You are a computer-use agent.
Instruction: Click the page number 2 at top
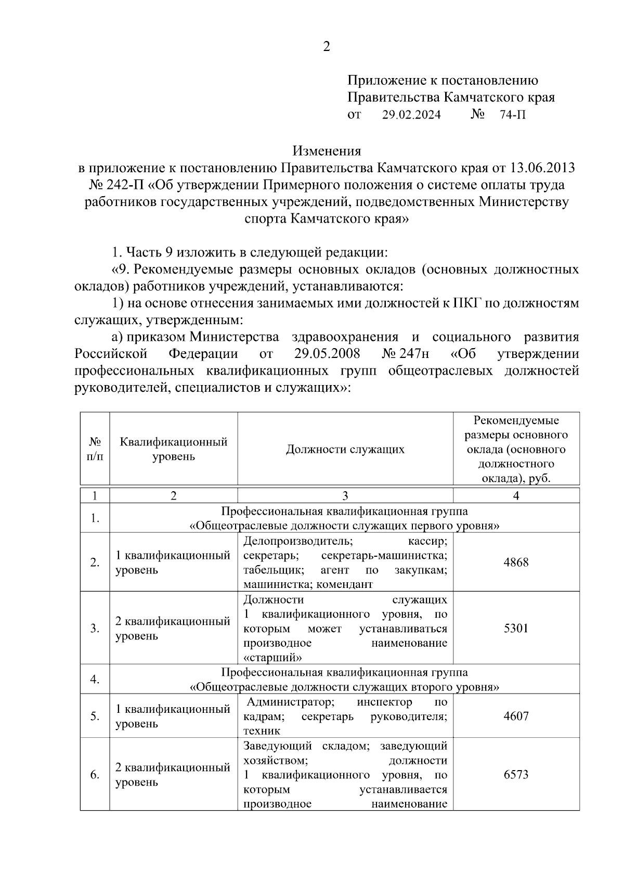tap(327, 47)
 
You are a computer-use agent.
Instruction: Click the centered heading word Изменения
tap(327, 151)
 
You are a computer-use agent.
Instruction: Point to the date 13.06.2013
tap(543, 168)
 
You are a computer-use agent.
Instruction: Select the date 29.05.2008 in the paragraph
tap(327, 354)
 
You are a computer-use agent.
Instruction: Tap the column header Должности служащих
tap(345, 449)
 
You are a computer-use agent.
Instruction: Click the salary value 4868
tap(516, 562)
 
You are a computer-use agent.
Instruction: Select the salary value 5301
tap(516, 628)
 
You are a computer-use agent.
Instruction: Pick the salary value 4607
tap(516, 716)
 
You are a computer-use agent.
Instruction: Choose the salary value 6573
tap(516, 775)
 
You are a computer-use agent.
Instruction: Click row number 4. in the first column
tap(95, 680)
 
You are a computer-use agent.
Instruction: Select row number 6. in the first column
tap(95, 775)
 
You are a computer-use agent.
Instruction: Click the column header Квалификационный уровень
tap(174, 449)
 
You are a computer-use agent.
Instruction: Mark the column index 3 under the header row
tap(345, 496)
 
